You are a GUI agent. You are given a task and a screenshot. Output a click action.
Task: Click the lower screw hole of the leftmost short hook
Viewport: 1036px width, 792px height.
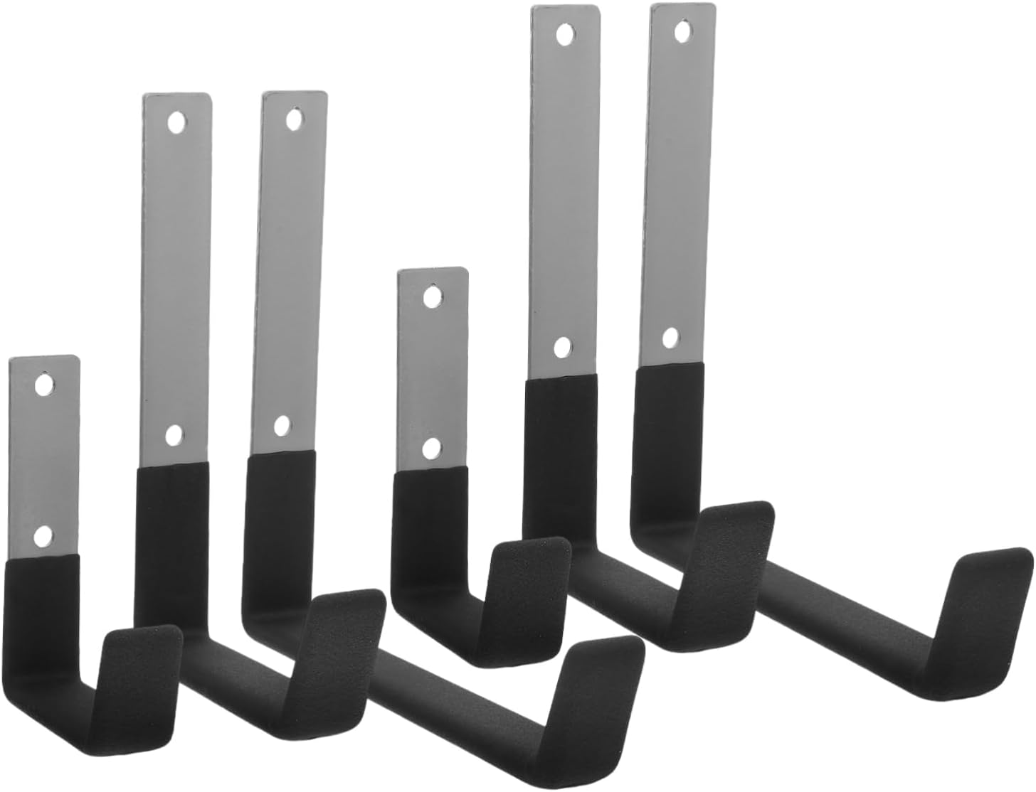coord(44,535)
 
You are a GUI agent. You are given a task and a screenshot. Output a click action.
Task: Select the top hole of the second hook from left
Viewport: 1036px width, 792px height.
coord(174,122)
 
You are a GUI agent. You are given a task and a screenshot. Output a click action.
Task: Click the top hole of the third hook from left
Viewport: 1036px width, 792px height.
coord(292,119)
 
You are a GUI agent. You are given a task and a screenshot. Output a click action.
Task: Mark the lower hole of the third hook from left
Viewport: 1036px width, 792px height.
coord(282,426)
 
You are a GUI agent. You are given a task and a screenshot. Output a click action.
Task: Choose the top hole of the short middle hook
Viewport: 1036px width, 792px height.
coord(432,295)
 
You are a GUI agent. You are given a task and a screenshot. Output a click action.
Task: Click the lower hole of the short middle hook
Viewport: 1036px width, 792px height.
coord(430,448)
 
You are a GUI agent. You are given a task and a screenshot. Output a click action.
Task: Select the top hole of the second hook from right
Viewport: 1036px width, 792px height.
coord(566,34)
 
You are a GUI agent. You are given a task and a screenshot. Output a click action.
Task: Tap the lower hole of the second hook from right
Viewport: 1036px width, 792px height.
coord(562,347)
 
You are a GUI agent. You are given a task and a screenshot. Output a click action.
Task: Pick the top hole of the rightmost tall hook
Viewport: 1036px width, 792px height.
coord(684,31)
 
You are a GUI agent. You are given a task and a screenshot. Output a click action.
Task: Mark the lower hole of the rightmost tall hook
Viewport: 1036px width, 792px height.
coord(670,337)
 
